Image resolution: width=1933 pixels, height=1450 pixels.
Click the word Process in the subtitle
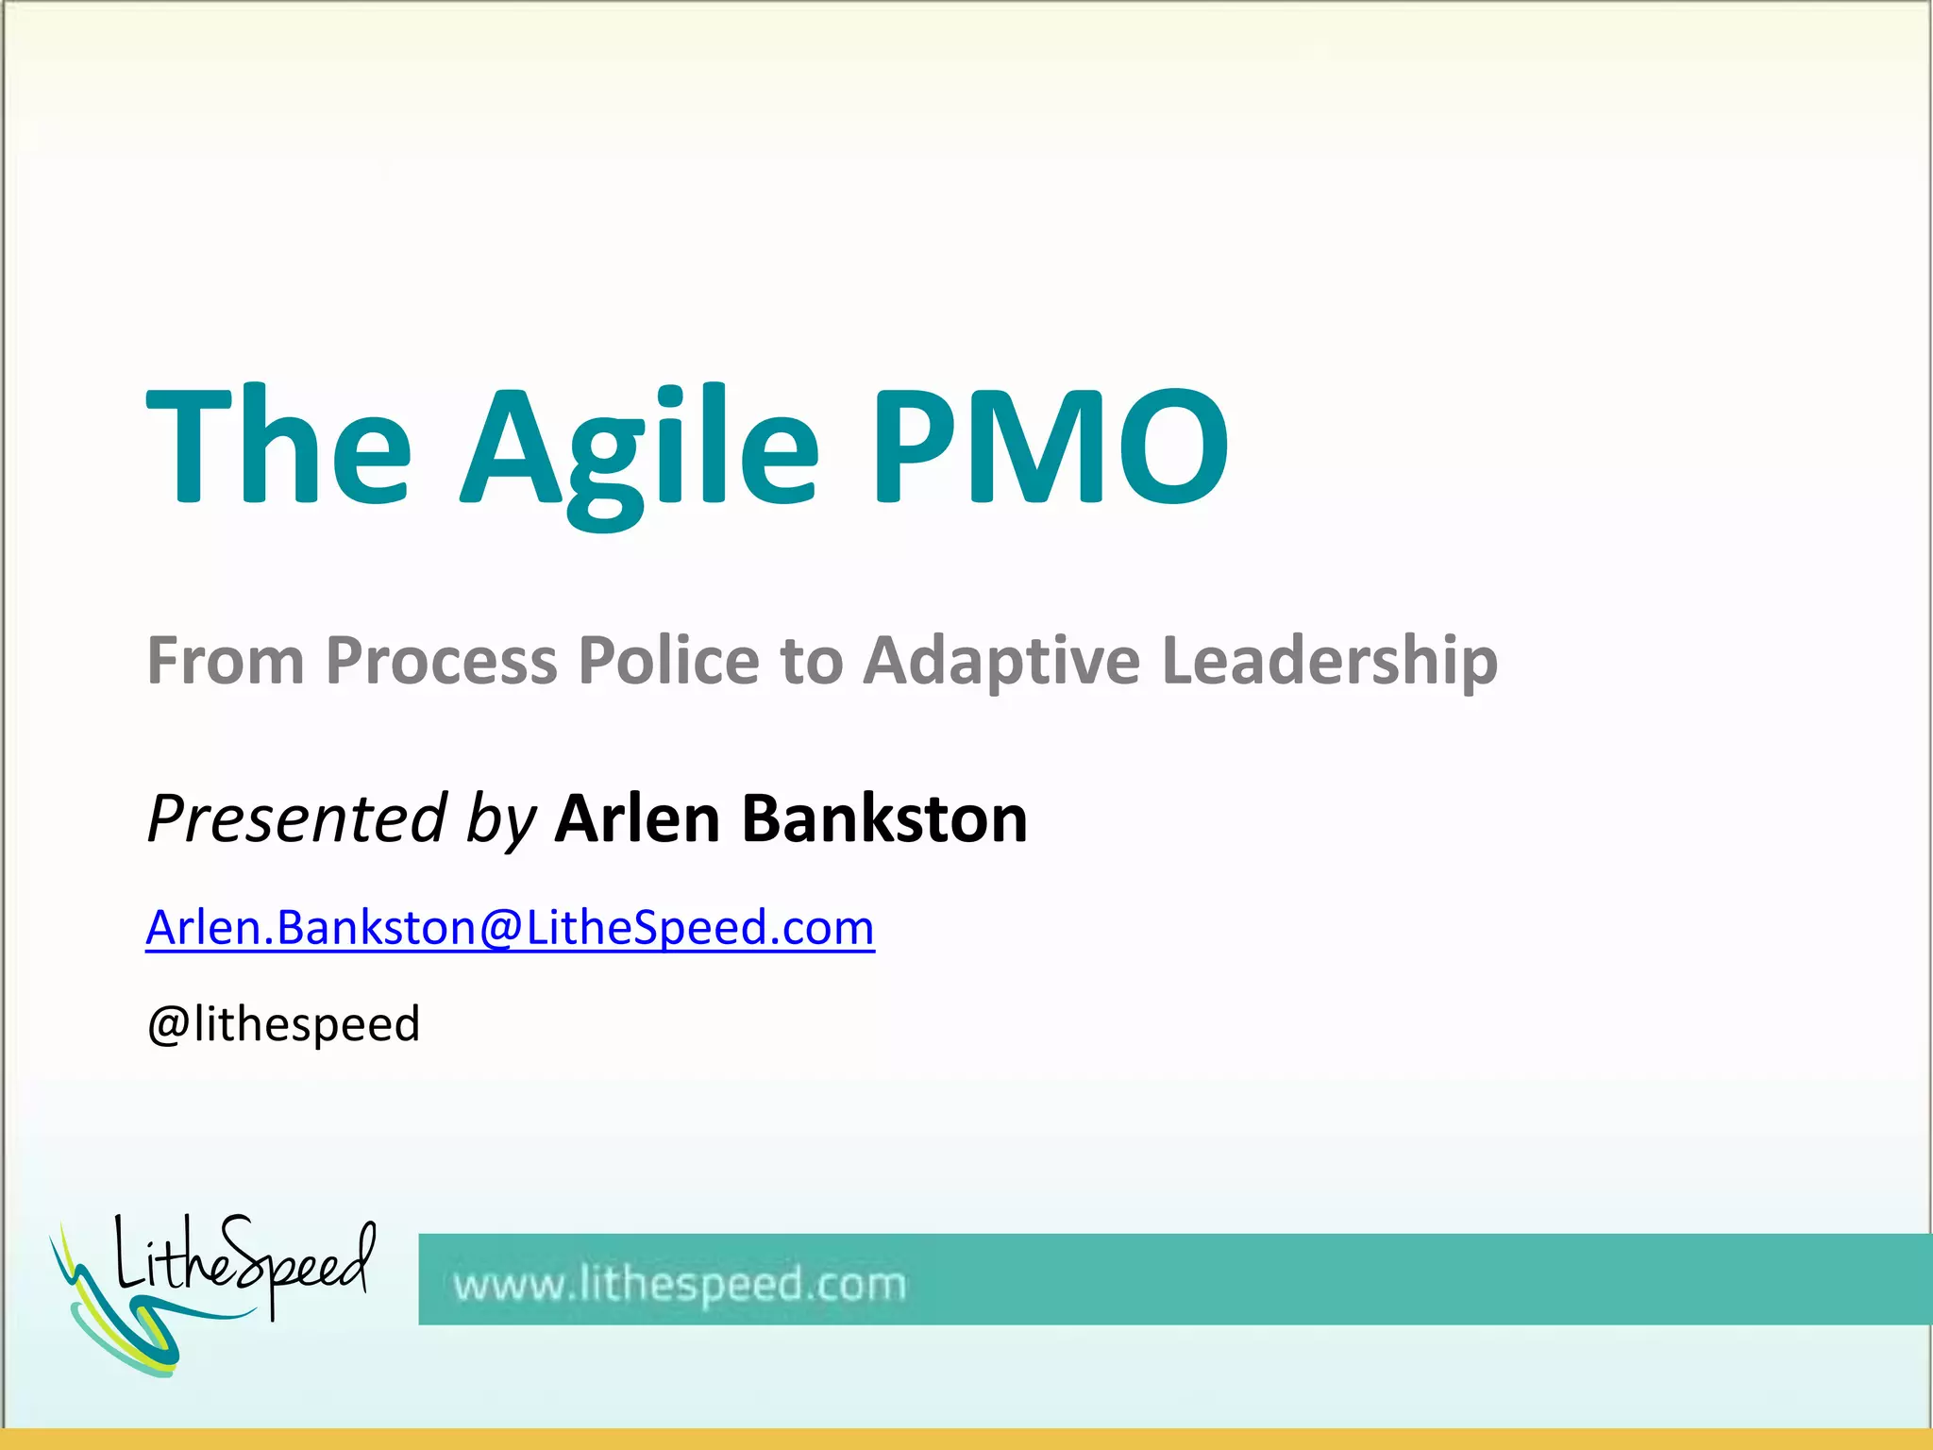click(x=442, y=661)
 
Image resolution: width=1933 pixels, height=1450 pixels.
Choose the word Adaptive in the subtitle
click(x=1001, y=661)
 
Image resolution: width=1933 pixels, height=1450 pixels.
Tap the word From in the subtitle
click(x=226, y=661)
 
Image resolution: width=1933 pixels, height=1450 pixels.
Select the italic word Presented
click(x=296, y=818)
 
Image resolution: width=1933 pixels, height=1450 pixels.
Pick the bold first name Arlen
click(x=638, y=818)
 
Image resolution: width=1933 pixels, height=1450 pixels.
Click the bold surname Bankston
click(x=884, y=818)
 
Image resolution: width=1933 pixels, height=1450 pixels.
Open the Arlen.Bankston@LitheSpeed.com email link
click(x=510, y=928)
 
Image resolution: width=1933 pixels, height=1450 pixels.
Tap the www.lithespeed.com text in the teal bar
click(x=680, y=1285)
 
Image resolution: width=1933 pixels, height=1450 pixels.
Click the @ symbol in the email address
click(x=501, y=928)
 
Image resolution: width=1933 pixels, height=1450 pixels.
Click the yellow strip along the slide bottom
click(x=966, y=1440)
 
